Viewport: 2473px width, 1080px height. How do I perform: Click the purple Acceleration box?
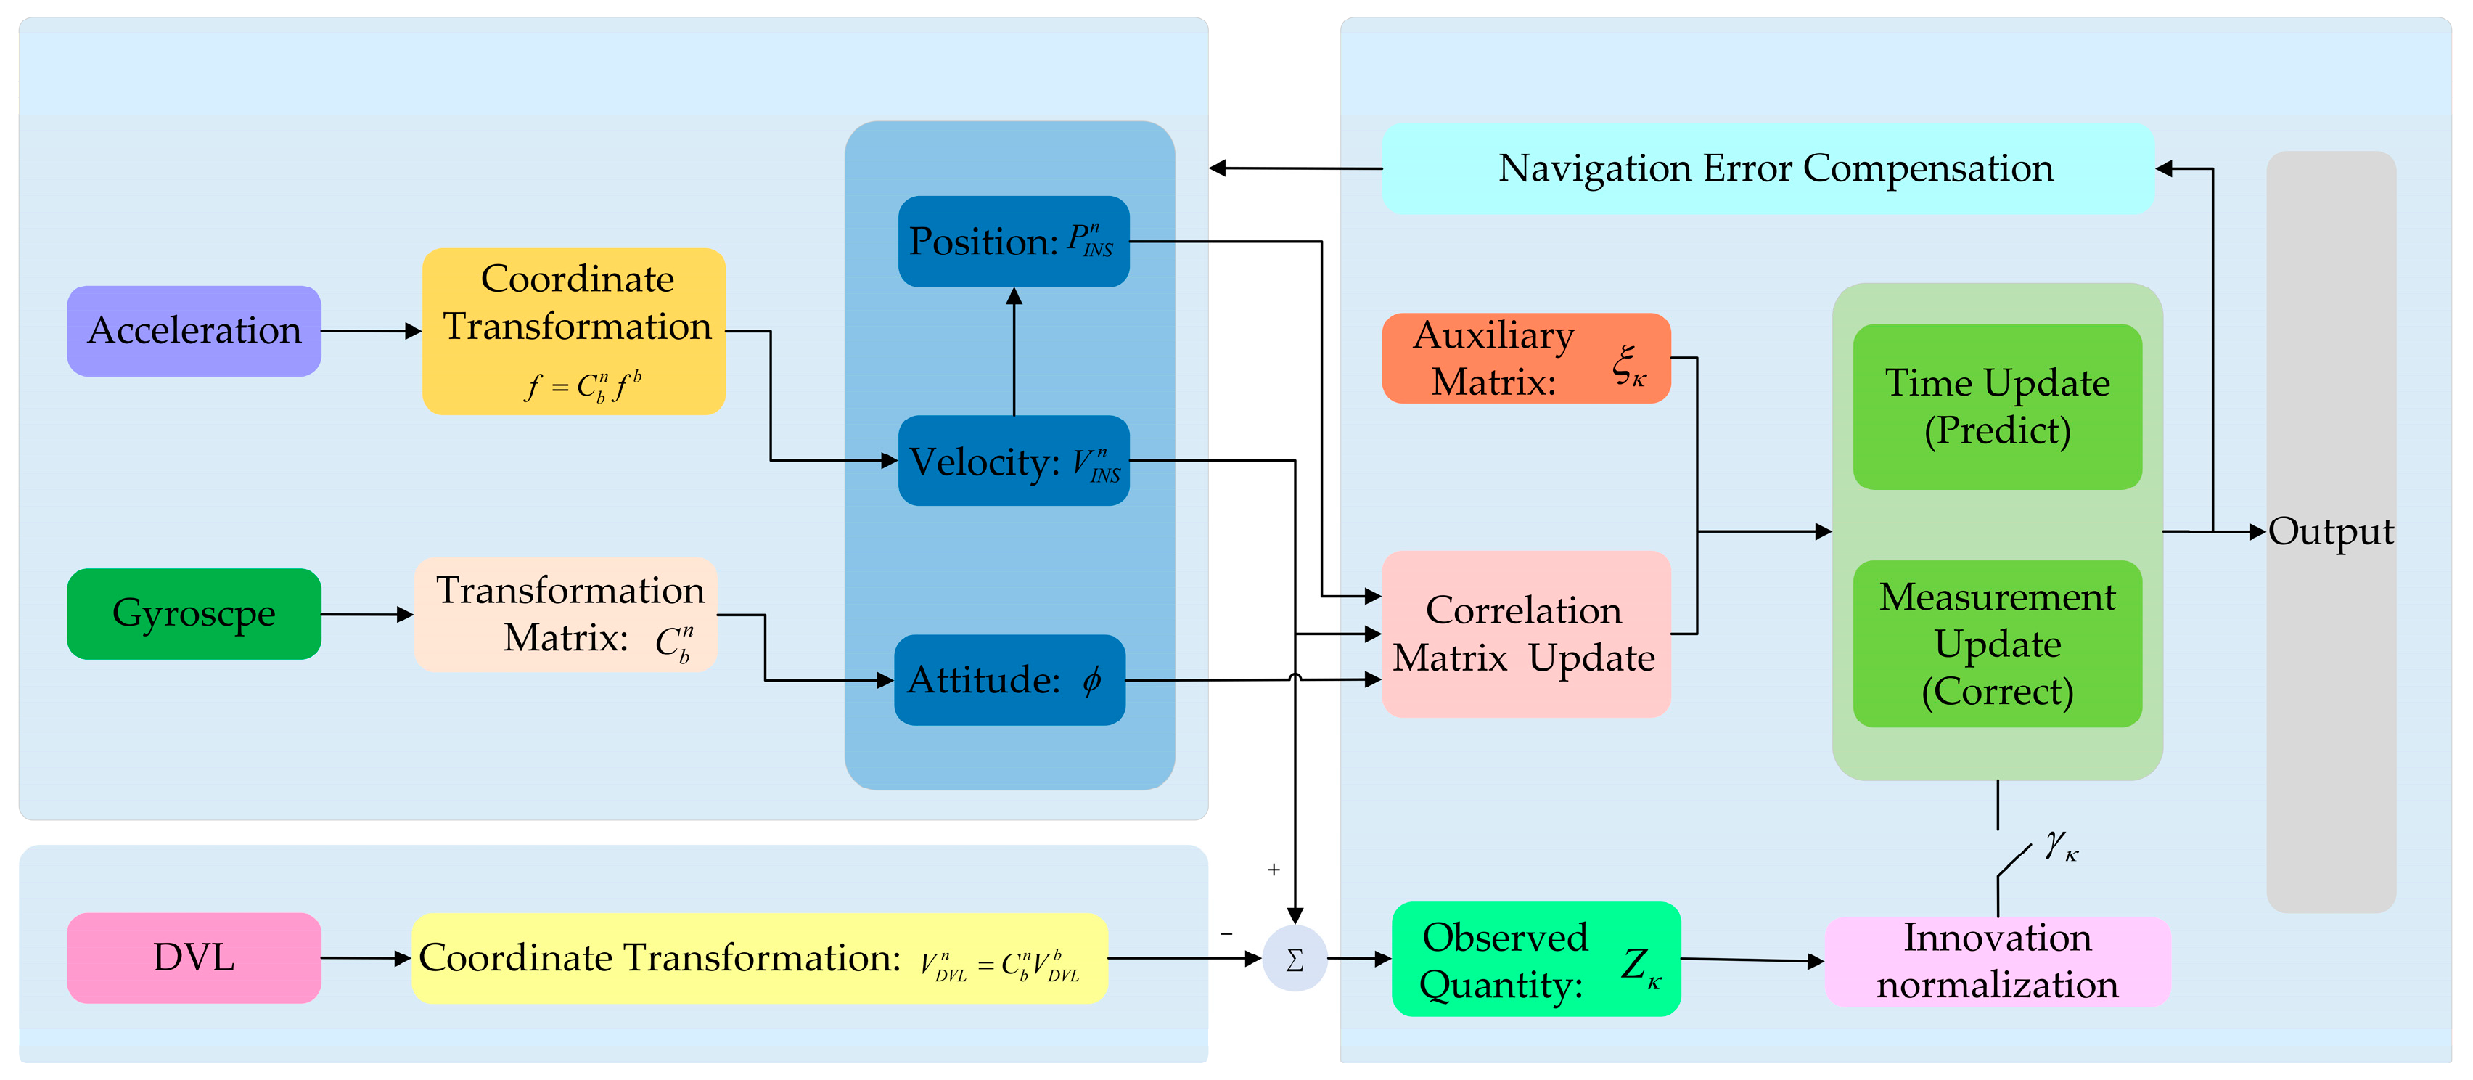pyautogui.click(x=194, y=331)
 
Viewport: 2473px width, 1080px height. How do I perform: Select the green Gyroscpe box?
pyautogui.click(x=194, y=613)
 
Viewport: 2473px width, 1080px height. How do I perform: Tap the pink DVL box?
pyautogui.click(x=194, y=957)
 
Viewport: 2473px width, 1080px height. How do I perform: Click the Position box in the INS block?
pyautogui.click(x=1013, y=242)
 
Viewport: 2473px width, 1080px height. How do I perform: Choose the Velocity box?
pyautogui.click(x=1013, y=461)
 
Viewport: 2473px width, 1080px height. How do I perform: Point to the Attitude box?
pyautogui.click(x=1009, y=679)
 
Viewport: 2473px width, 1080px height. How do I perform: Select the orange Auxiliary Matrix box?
pyautogui.click(x=1525, y=358)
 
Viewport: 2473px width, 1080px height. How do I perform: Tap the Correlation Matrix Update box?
pyautogui.click(x=1525, y=634)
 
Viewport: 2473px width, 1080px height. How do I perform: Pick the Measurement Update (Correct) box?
pyautogui.click(x=1997, y=643)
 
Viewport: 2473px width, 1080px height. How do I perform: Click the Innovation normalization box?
pyautogui.click(x=1997, y=961)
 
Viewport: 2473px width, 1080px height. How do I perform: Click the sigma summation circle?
pyautogui.click(x=1294, y=959)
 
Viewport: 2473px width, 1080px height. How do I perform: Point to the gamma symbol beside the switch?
pyautogui.click(x=2060, y=845)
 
